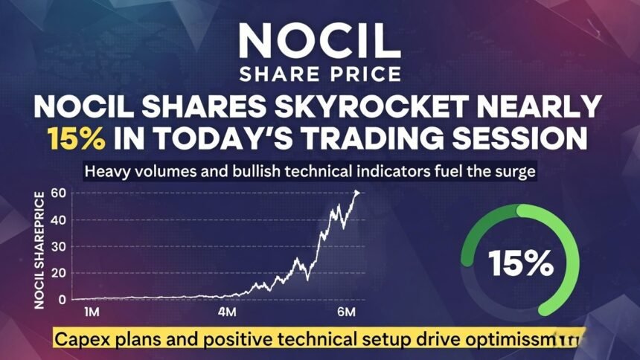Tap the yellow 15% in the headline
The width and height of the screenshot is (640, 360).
[x=73, y=139]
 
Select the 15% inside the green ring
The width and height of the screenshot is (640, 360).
[x=521, y=263]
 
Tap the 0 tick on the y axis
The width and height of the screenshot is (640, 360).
[x=63, y=300]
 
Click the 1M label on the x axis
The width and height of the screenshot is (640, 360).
[x=94, y=310]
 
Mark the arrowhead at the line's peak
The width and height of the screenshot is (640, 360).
[x=357, y=193]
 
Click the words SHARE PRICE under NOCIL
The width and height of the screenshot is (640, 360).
[x=320, y=74]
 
